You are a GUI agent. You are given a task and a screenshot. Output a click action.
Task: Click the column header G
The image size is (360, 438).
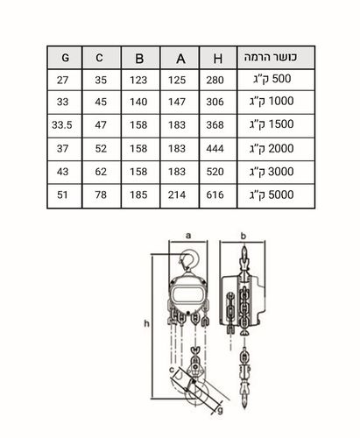click(x=65, y=58)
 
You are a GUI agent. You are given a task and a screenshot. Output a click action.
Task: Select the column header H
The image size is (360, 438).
click(x=218, y=59)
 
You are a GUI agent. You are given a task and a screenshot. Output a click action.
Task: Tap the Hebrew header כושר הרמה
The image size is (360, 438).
click(x=271, y=57)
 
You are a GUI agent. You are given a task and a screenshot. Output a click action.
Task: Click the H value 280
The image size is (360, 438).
click(x=215, y=80)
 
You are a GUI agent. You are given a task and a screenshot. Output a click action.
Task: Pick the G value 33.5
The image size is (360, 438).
click(x=62, y=125)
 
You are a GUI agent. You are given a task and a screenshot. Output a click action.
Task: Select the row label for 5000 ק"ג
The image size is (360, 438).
click(x=272, y=194)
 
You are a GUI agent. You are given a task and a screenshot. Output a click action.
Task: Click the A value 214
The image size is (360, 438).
click(x=177, y=194)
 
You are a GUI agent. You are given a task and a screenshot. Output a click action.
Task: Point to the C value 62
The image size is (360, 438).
click(x=101, y=172)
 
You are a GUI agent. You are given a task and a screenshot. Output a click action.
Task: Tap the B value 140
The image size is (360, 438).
click(x=138, y=102)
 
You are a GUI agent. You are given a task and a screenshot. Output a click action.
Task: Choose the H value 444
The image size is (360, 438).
click(x=215, y=149)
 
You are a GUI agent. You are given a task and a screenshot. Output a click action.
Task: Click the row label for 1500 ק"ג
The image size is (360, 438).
click(x=272, y=124)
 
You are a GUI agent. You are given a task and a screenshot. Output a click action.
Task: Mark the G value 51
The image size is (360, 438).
click(x=62, y=194)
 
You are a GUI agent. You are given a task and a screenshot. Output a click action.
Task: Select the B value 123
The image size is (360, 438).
click(x=138, y=80)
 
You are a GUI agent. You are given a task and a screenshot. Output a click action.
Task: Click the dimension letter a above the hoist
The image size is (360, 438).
click(x=188, y=236)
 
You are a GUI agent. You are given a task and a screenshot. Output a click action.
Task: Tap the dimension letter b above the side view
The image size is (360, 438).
click(x=244, y=236)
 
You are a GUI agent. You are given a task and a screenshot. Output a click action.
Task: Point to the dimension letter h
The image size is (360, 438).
click(x=146, y=323)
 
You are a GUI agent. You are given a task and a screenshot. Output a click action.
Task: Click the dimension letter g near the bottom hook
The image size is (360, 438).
click(x=221, y=410)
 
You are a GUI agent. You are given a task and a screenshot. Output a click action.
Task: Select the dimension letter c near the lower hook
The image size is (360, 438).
click(x=172, y=370)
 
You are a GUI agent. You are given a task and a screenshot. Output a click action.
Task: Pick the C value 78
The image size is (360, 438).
click(x=101, y=194)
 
